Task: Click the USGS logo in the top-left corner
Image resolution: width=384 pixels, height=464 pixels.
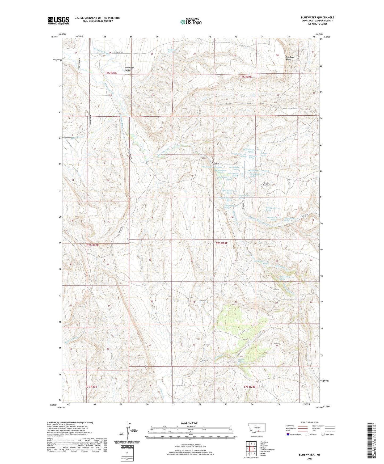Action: click(58, 20)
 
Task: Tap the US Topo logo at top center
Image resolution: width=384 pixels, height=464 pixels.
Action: click(191, 22)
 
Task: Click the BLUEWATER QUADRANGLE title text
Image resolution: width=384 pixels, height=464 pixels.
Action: click(318, 18)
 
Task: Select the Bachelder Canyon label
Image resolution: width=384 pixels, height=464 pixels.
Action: click(129, 69)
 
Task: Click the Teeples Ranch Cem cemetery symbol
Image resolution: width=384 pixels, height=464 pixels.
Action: click(266, 187)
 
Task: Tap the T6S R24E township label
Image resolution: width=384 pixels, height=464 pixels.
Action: click(222, 243)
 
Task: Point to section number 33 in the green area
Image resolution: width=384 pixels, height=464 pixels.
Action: click(234, 345)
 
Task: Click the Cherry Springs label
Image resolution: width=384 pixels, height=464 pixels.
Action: click(241, 360)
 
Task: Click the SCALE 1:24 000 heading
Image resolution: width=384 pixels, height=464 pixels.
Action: click(189, 423)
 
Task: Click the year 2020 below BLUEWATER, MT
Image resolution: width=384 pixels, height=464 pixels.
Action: click(309, 458)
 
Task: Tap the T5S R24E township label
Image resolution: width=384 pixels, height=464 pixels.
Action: click(246, 77)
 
